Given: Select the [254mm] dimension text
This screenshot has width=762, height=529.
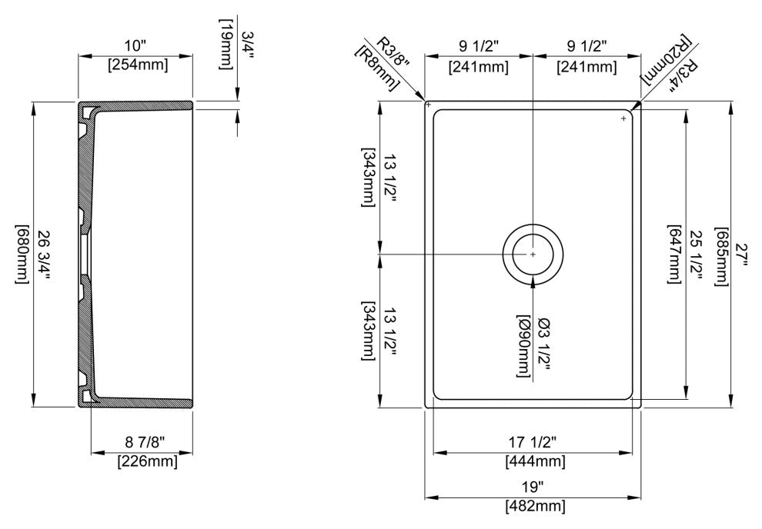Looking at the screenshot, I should [136, 65].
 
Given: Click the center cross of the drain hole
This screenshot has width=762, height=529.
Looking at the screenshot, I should [533, 254].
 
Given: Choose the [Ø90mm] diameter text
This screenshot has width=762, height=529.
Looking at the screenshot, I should [525, 346].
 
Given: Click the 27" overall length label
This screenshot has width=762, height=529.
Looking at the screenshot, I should [740, 256].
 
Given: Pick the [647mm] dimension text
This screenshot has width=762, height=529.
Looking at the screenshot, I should [674, 256].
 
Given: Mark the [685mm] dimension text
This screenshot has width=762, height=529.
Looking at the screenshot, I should [722, 256].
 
